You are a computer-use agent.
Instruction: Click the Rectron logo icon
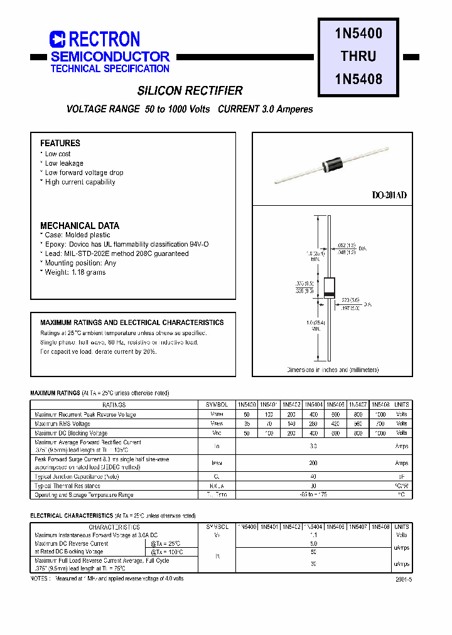pos(58,40)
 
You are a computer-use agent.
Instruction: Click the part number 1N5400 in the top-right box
pos(358,33)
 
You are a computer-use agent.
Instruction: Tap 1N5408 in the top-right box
pos(358,79)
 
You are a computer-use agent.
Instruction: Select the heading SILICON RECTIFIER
pos(190,90)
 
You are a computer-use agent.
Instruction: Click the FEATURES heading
pos(60,143)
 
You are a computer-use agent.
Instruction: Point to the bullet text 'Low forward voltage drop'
pos(83,173)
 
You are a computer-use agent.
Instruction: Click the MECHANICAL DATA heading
pos(80,225)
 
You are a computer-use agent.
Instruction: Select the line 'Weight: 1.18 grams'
pos(75,272)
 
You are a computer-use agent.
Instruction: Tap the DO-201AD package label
pos(389,196)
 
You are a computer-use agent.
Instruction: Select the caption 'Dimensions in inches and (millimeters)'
pos(333,370)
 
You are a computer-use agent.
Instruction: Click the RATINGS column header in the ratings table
pos(114,405)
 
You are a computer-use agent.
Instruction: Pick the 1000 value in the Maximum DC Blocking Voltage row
pos(380,433)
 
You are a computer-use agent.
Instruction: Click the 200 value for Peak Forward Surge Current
pos(313,463)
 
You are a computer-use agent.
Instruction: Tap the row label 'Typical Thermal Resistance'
pos(67,486)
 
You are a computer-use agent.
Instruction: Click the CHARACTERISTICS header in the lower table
pos(114,527)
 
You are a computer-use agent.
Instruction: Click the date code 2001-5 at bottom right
pos(403,580)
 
